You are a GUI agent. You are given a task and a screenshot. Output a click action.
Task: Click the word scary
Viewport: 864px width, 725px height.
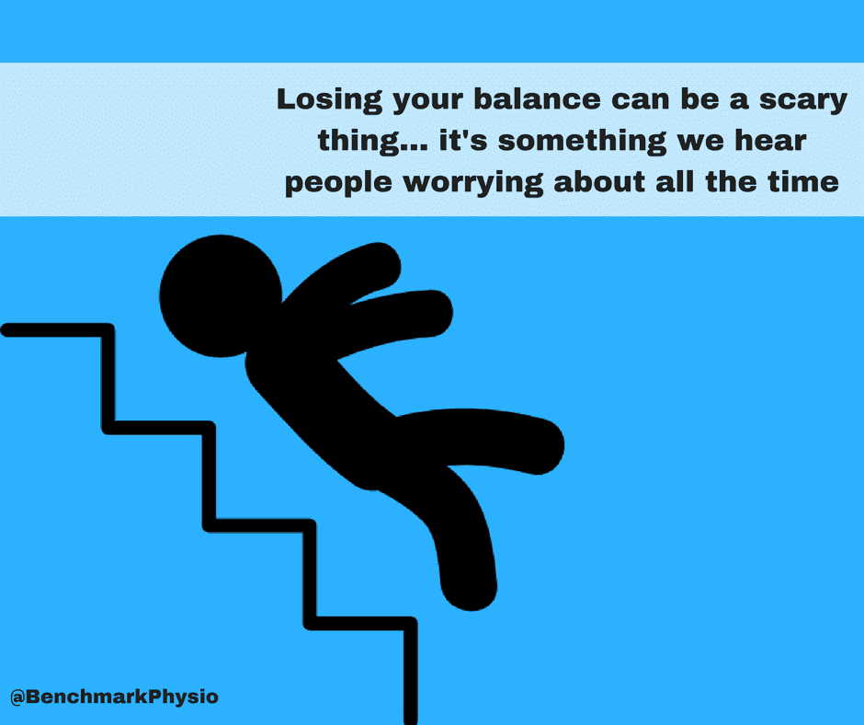pyautogui.click(x=799, y=100)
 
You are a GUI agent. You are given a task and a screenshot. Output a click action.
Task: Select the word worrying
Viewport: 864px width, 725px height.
pyautogui.click(x=476, y=182)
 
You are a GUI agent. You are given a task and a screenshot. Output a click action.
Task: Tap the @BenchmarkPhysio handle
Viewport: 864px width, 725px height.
pyautogui.click(x=114, y=696)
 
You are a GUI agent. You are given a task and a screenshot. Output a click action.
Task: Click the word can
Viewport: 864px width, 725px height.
pyautogui.click(x=647, y=100)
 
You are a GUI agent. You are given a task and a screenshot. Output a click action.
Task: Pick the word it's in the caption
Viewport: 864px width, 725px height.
pyautogui.click(x=450, y=142)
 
